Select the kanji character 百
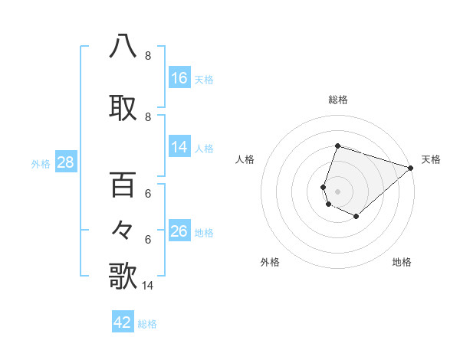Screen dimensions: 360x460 coord(123,185)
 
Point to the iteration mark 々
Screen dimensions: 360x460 coord(123,229)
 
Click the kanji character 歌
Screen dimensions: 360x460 coord(123,276)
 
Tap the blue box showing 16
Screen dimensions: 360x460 coord(179,78)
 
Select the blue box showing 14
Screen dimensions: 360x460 coord(179,147)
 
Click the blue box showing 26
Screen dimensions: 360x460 coord(179,231)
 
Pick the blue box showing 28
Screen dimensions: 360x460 coord(65,162)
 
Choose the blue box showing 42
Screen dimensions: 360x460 coord(123,322)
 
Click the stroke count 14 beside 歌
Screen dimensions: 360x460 coord(148,286)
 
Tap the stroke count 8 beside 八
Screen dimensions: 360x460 coord(147,56)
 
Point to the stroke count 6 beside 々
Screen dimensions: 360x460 coord(147,239)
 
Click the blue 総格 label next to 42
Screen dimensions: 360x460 coord(147,324)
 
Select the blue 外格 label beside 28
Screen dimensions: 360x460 coord(41,163)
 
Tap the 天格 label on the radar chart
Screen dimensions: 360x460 coord(431,159)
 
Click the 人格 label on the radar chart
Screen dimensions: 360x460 coord(245,159)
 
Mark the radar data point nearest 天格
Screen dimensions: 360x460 coord(411,167)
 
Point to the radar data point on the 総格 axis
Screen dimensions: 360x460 coord(337,146)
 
